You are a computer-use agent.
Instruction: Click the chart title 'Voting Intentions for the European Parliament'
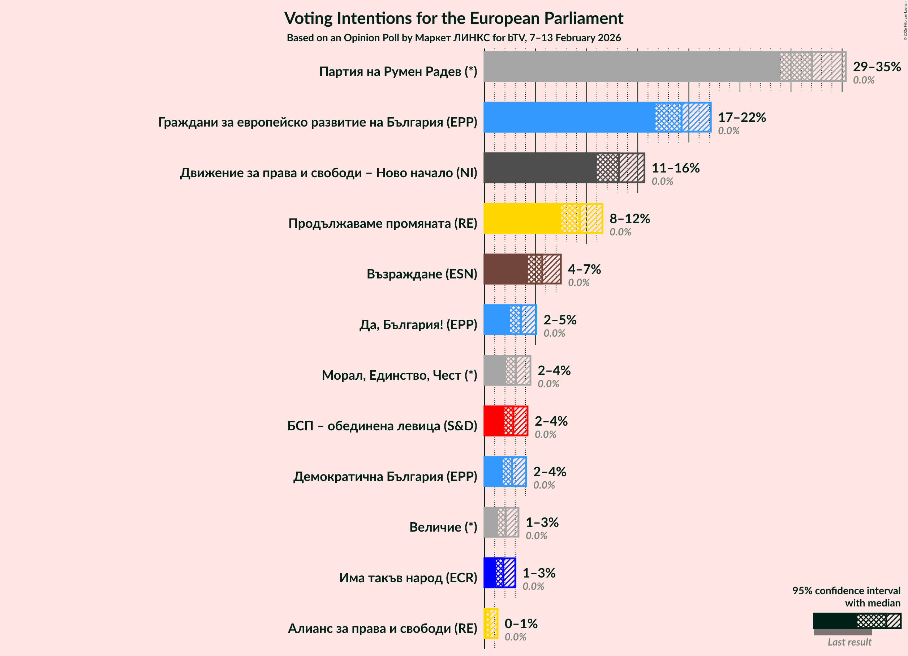pyautogui.click(x=453, y=18)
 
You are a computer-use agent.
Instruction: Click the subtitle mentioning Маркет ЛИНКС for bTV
pyautogui.click(x=453, y=38)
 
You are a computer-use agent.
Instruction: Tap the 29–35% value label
pyautogui.click(x=876, y=67)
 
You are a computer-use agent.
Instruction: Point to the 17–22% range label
pyautogui.click(x=741, y=117)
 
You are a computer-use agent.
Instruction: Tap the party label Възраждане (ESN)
pyautogui.click(x=422, y=274)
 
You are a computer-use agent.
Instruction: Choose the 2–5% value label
pyautogui.click(x=560, y=320)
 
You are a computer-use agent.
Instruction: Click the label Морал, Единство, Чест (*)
pyautogui.click(x=399, y=375)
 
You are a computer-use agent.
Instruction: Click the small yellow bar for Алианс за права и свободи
pyautogui.click(x=490, y=623)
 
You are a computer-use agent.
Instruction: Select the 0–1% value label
pyautogui.click(x=520, y=623)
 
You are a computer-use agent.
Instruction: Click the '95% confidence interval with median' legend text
pyautogui.click(x=846, y=597)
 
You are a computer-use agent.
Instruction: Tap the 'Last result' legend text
pyautogui.click(x=849, y=642)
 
